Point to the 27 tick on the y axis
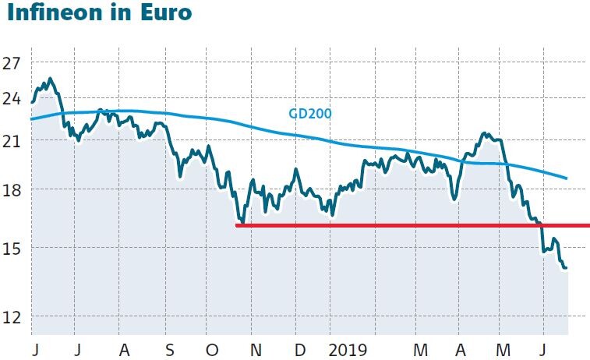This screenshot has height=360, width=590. click(x=12, y=63)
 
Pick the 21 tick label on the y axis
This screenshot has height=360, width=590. click(x=12, y=140)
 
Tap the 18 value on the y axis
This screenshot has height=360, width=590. click(x=12, y=189)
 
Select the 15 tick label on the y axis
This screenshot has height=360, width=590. click(x=12, y=248)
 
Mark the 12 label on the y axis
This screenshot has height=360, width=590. click(x=12, y=316)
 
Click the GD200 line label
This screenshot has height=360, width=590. click(x=310, y=114)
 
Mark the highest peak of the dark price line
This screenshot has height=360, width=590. click(x=51, y=79)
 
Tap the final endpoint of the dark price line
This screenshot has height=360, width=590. click(x=566, y=268)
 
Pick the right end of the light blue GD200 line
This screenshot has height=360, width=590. click(x=566, y=178)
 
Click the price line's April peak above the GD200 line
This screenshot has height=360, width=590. click(x=485, y=133)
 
